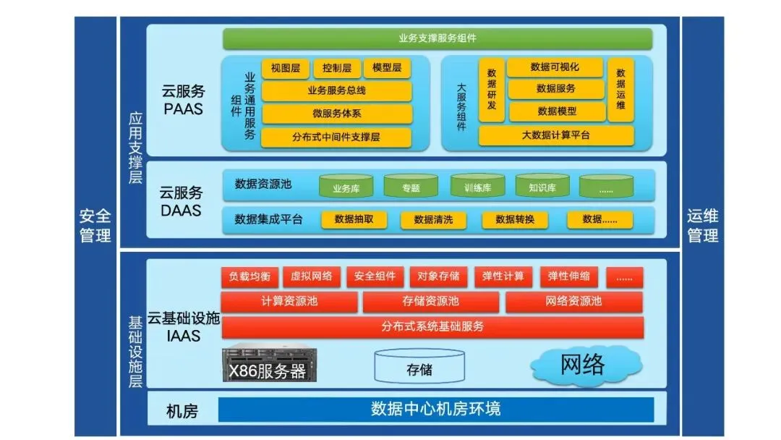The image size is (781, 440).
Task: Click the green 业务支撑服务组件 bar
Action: coord(437,38)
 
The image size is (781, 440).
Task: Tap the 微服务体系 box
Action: coord(336,114)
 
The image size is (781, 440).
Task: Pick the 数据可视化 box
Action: coord(555,67)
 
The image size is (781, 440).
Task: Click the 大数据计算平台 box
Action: coord(555,135)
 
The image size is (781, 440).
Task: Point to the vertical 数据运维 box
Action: coord(620,90)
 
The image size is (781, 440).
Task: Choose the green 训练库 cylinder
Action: coord(477,187)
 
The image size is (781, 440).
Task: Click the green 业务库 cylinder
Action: coord(346,187)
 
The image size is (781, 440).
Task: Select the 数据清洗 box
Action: coord(433,219)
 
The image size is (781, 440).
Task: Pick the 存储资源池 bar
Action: coord(430,301)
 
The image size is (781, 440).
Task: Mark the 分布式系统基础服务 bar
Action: coord(432,326)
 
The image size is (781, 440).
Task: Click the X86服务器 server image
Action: coord(269,365)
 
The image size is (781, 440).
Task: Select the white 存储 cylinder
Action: coord(419,367)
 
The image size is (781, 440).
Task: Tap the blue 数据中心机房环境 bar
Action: coord(435,410)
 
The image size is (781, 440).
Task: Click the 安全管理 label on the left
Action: coord(95,226)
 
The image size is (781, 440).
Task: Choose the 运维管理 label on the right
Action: coord(702,226)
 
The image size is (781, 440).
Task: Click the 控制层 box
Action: coord(337,69)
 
